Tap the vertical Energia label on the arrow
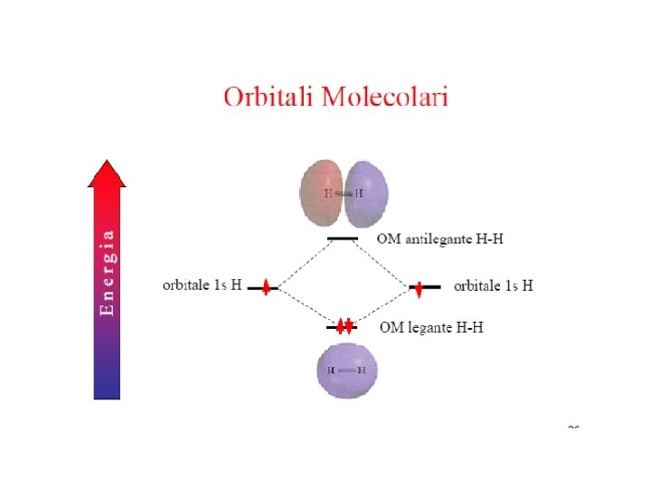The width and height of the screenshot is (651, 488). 107,272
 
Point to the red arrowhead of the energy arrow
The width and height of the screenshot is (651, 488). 107,174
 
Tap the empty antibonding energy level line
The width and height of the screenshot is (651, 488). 343,239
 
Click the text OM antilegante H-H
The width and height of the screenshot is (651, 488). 439,239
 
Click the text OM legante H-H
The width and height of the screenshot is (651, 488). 431,327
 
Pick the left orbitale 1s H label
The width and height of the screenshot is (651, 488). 202,286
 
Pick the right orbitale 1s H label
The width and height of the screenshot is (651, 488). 493,286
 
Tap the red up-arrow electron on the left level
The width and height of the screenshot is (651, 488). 266,287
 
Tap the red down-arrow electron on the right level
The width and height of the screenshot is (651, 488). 419,289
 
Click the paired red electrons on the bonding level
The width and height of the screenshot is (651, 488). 344,326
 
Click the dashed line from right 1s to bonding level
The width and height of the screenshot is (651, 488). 383,307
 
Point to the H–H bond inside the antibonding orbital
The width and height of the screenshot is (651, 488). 344,193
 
